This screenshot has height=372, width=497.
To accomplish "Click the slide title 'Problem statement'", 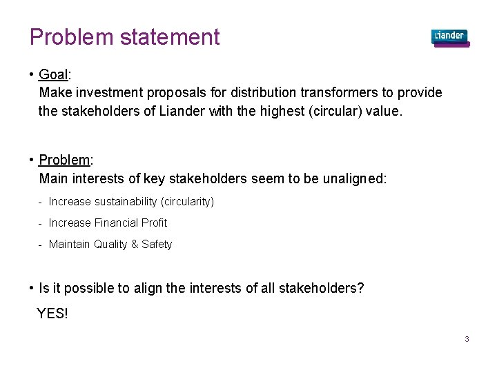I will coord(124,37).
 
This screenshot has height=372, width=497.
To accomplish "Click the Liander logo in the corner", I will coord(449,37).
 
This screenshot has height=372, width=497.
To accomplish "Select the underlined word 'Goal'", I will coord(52,74).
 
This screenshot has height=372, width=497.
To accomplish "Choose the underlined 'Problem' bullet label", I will coord(64,161).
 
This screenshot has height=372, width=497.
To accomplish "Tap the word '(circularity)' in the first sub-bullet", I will coord(187,202).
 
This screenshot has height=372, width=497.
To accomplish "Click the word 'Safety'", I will coord(157,245).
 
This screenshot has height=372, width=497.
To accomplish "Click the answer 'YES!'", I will coord(52,313).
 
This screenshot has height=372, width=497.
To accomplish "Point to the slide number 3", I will coord(467,339).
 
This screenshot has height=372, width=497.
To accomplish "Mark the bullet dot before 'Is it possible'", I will coord(32,288).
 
